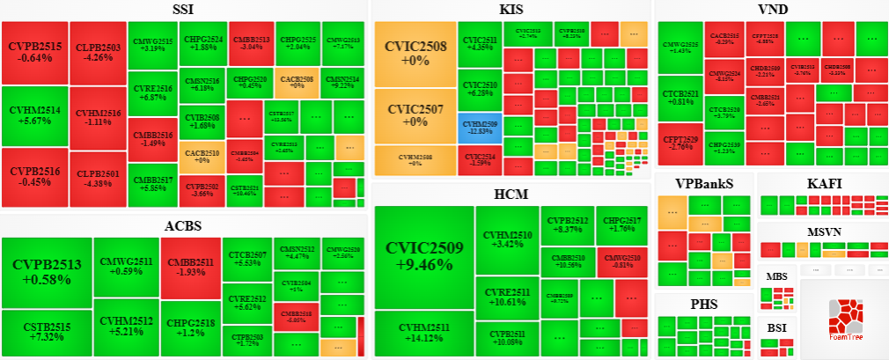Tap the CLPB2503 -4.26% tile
click(x=97, y=52)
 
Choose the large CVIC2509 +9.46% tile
click(x=424, y=255)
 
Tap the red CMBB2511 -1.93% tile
click(x=190, y=266)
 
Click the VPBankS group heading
click(x=703, y=183)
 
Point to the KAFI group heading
click(x=824, y=183)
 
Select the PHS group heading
click(x=703, y=305)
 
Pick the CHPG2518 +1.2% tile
click(x=189, y=327)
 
